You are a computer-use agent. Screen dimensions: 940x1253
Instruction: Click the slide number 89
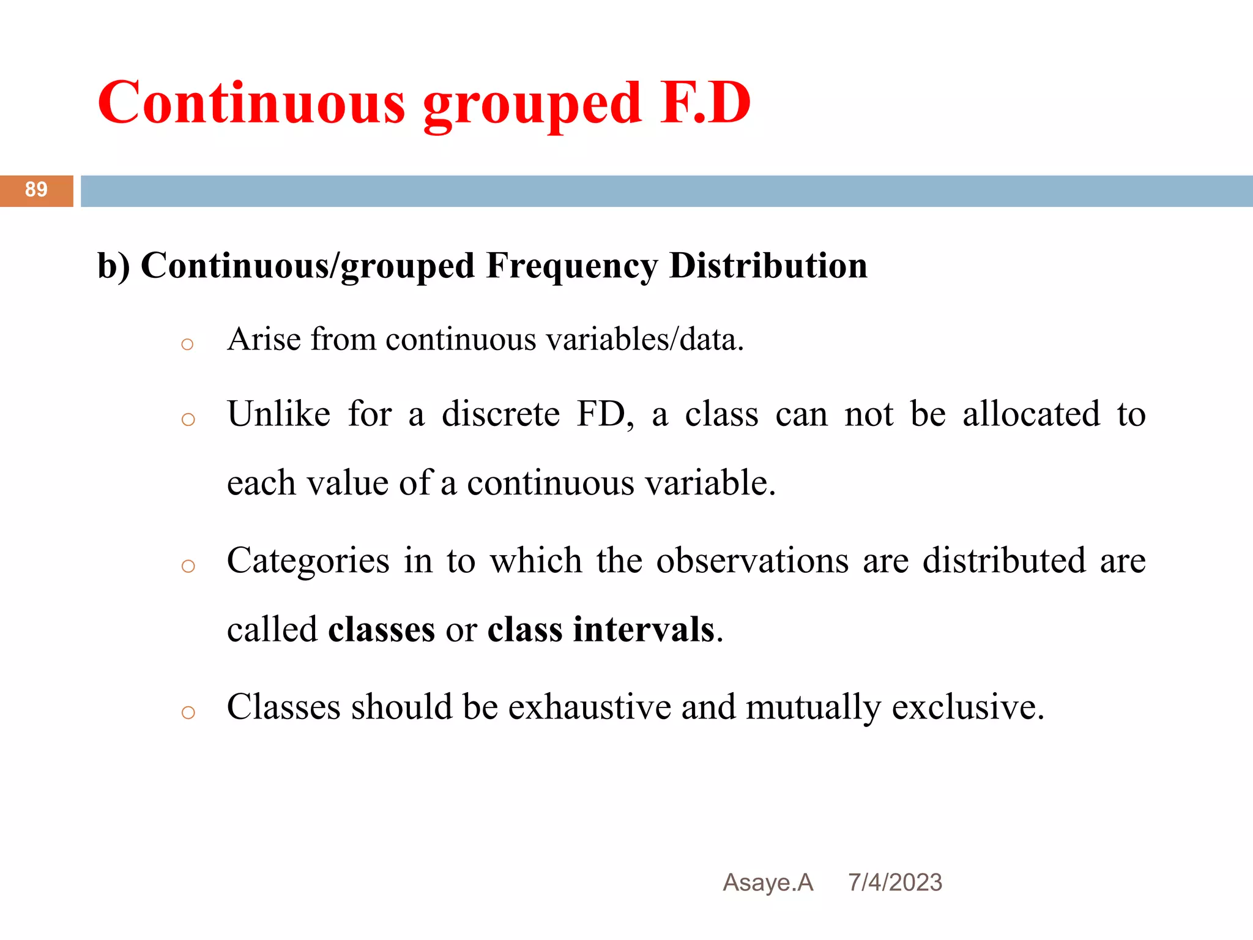tap(36, 190)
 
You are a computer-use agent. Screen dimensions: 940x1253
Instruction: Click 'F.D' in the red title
tap(705, 103)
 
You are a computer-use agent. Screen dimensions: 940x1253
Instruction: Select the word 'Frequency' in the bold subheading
tap(572, 266)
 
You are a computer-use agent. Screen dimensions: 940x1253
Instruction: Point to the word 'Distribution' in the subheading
tap(768, 266)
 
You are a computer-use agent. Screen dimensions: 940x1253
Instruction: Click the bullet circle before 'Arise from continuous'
tap(188, 345)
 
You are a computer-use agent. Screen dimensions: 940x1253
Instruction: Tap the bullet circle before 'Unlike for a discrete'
tap(188, 420)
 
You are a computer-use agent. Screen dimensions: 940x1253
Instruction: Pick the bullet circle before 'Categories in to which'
tap(188, 566)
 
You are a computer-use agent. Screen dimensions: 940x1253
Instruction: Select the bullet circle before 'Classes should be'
tap(188, 712)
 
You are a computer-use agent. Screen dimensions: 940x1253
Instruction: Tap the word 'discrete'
tap(500, 414)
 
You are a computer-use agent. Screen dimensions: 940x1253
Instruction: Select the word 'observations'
tap(753, 561)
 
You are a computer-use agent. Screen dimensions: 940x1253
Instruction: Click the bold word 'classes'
tap(382, 630)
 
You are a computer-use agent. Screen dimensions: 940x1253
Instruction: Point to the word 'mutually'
tap(814, 708)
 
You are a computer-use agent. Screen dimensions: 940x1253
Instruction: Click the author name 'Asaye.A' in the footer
tap(768, 882)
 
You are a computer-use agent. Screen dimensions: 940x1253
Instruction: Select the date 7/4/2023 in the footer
tap(895, 882)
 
